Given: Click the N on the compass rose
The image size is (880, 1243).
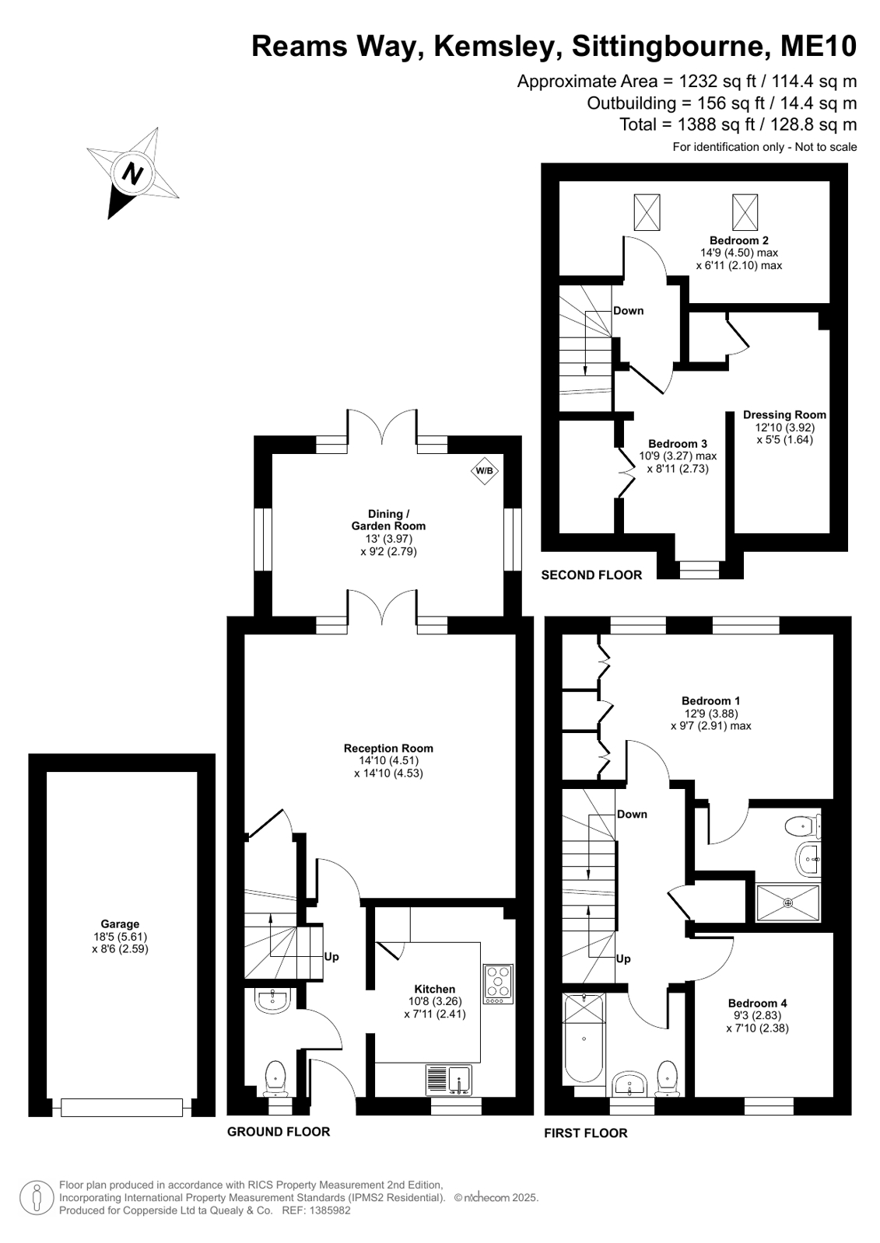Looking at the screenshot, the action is coord(132,174).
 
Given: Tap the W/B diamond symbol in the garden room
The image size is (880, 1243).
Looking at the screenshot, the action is coord(485,470).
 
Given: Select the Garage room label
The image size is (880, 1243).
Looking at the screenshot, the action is coord(120,924).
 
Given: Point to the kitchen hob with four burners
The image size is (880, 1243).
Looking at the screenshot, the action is coord(498,984).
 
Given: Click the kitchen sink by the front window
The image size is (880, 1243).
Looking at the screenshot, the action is coord(449,1080).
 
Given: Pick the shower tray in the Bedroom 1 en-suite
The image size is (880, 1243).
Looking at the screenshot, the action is coord(787,903).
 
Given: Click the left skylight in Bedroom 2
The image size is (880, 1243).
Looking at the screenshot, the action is coord(647,212).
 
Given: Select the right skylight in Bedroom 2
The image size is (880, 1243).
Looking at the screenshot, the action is coord(745,212).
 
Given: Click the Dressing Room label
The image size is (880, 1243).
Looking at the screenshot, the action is coord(784,414).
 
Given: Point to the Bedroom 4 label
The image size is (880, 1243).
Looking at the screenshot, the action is coord(757,1003).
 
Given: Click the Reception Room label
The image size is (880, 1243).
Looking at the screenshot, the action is coord(388,748).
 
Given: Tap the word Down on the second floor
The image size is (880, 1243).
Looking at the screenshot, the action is coord(629,311).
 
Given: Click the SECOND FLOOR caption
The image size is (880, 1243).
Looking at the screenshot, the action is coord(591,575).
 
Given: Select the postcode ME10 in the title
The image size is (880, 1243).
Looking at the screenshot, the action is coord(819,46).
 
